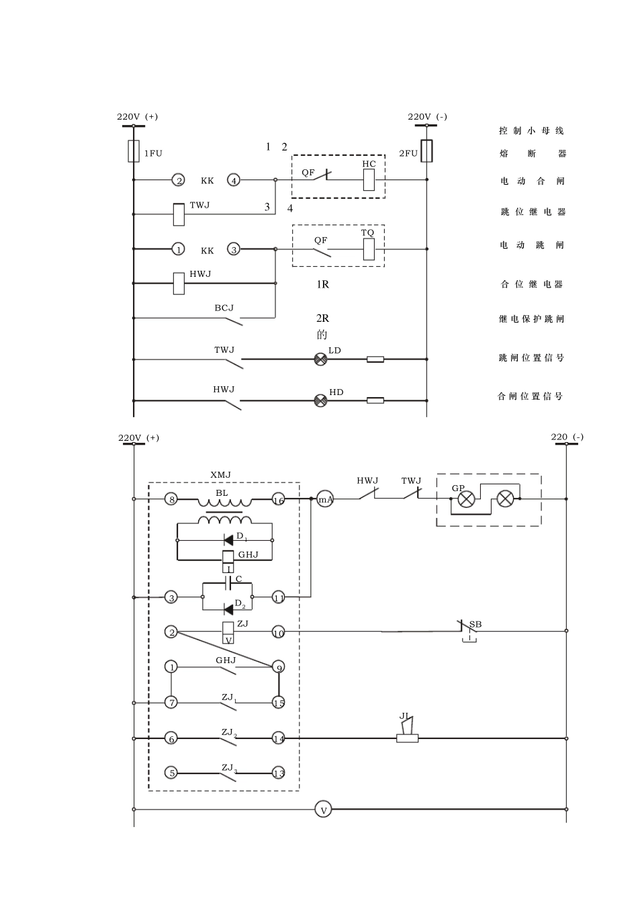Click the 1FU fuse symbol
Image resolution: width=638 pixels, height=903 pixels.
134,151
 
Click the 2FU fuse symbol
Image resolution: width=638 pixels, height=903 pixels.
427,151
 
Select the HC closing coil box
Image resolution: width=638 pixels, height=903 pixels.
369,180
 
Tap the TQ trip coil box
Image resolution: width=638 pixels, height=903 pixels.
369,249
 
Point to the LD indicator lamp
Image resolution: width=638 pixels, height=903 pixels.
320,359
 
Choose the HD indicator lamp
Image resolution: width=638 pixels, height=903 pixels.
320,400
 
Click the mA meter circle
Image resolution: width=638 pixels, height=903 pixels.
325,499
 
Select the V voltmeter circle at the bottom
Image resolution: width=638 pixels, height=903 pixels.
323,809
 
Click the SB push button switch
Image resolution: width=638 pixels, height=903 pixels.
468,632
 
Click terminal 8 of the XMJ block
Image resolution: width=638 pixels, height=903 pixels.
171,499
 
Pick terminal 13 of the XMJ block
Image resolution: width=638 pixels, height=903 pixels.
279,773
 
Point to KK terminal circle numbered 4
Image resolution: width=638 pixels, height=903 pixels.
234,180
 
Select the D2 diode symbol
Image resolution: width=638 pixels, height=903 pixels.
228,610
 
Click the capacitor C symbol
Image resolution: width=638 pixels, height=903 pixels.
228,583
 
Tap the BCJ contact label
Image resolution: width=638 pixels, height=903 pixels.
224,308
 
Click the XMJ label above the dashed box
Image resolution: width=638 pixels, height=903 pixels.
220,475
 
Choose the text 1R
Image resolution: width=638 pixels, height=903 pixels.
322,285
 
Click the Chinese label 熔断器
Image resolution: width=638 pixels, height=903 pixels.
533,154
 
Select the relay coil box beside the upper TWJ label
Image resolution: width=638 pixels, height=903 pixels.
179,214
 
